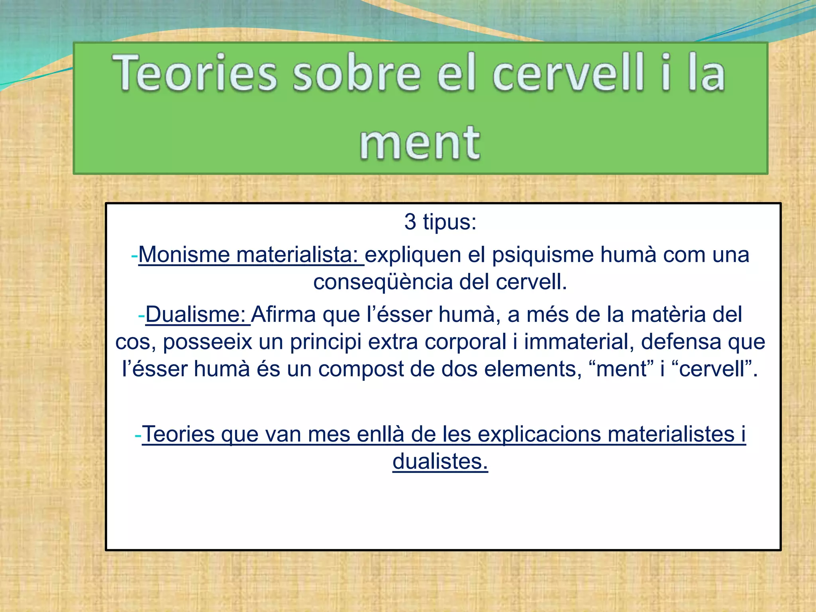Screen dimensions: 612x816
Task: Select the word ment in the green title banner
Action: (420, 143)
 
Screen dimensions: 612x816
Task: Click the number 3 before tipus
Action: (410, 222)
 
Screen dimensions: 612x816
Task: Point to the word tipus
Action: (449, 222)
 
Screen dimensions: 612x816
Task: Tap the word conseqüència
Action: (383, 282)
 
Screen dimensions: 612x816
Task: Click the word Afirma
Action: (283, 314)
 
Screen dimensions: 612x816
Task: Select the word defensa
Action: (681, 342)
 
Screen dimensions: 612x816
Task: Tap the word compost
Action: (361, 369)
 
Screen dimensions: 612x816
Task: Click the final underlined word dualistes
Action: (440, 462)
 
